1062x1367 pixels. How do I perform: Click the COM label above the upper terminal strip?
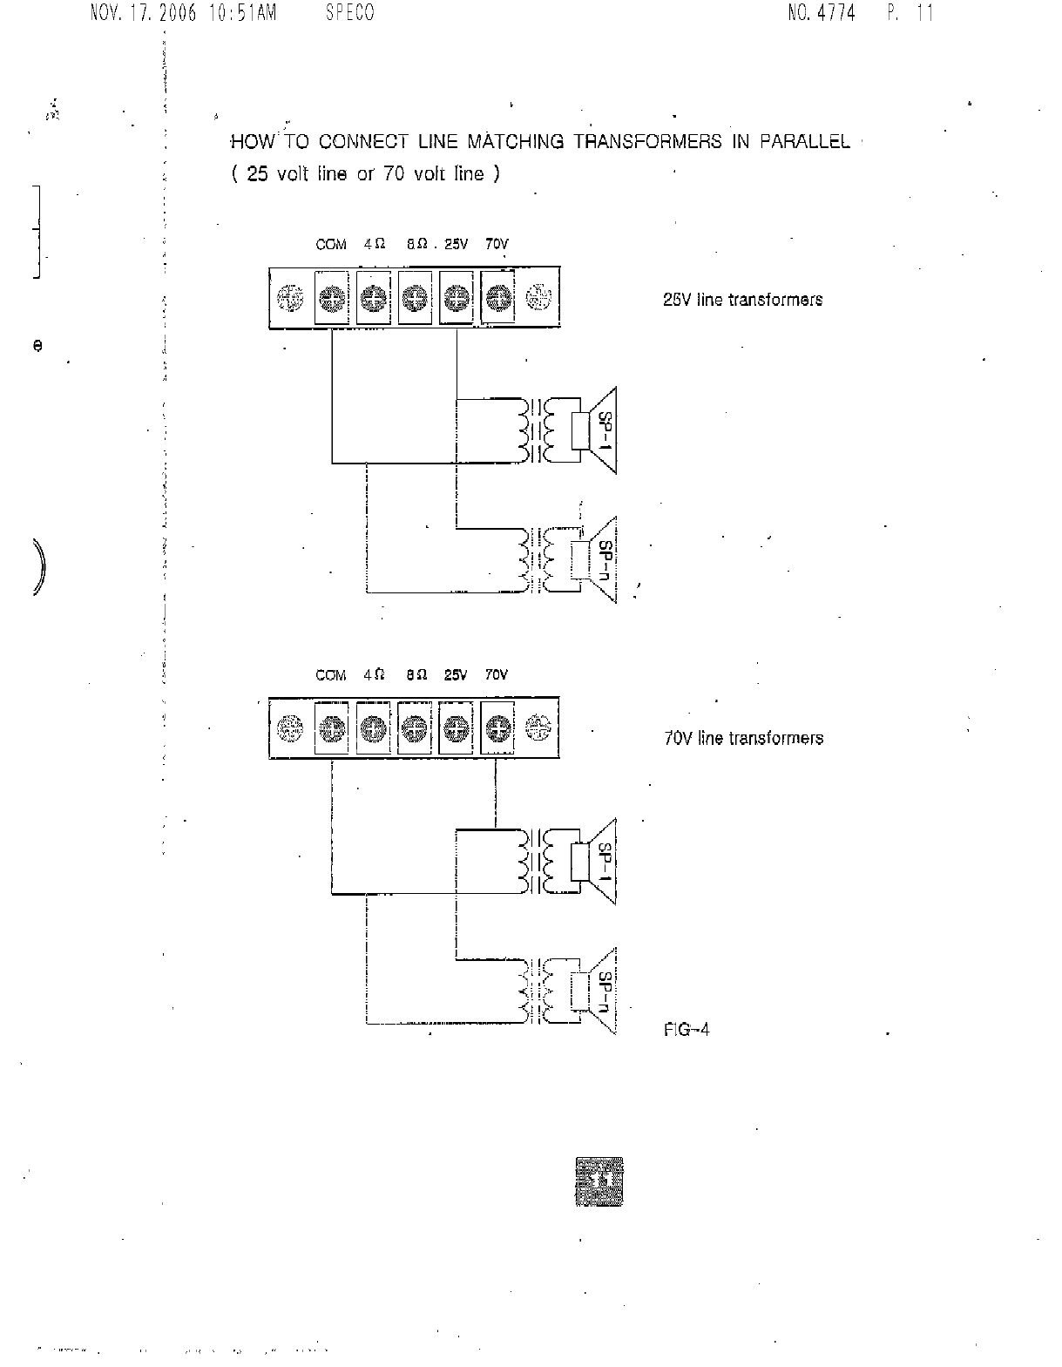[x=331, y=245]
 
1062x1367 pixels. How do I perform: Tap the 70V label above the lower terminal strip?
[x=497, y=675]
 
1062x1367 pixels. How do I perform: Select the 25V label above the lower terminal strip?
[x=456, y=675]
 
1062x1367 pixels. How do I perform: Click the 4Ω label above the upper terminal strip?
[x=375, y=245]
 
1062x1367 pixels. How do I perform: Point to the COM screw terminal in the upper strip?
[x=331, y=299]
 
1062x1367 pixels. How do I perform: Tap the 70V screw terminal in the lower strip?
[x=497, y=727]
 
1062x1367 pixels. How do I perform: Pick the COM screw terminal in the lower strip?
[x=331, y=727]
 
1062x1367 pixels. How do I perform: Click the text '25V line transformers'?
[x=742, y=300]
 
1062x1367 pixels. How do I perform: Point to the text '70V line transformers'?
[x=743, y=739]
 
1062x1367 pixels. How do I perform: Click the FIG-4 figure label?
[x=687, y=1030]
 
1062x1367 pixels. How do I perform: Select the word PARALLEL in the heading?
[x=804, y=142]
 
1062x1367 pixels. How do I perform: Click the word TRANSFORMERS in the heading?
[x=647, y=142]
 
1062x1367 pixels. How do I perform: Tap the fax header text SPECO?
[x=350, y=13]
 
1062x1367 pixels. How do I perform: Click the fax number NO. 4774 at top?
[x=822, y=13]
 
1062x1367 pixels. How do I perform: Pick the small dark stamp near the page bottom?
[x=599, y=1182]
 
